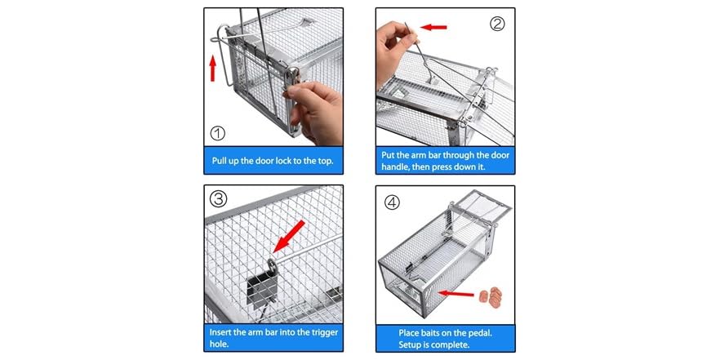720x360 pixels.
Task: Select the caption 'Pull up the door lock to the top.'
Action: coord(273,160)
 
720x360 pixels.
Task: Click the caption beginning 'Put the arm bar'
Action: coord(445,160)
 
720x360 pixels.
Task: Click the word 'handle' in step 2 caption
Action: coord(400,167)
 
